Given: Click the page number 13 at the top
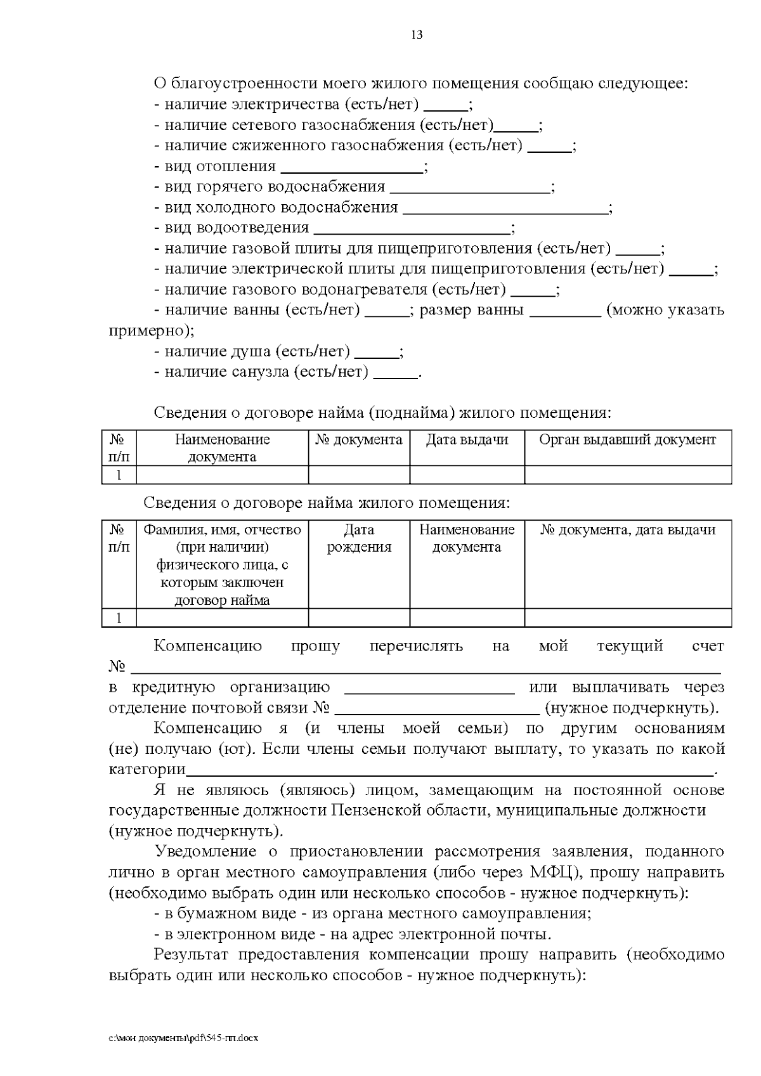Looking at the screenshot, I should pos(417,35).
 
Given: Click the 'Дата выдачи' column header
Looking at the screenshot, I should pos(467,440).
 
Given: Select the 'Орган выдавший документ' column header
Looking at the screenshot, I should pos(627,440).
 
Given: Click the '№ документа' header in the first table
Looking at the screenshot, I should pos(359,440).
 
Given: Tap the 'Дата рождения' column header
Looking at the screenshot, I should pos(359,538).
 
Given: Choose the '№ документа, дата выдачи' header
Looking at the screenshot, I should pos(627,530).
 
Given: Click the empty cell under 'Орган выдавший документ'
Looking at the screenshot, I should pos(627,475).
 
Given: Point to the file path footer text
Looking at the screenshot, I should pos(184,1039).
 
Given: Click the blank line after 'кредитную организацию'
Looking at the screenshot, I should pos(429,692).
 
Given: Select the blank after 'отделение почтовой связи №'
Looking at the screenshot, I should pos(437,712).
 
